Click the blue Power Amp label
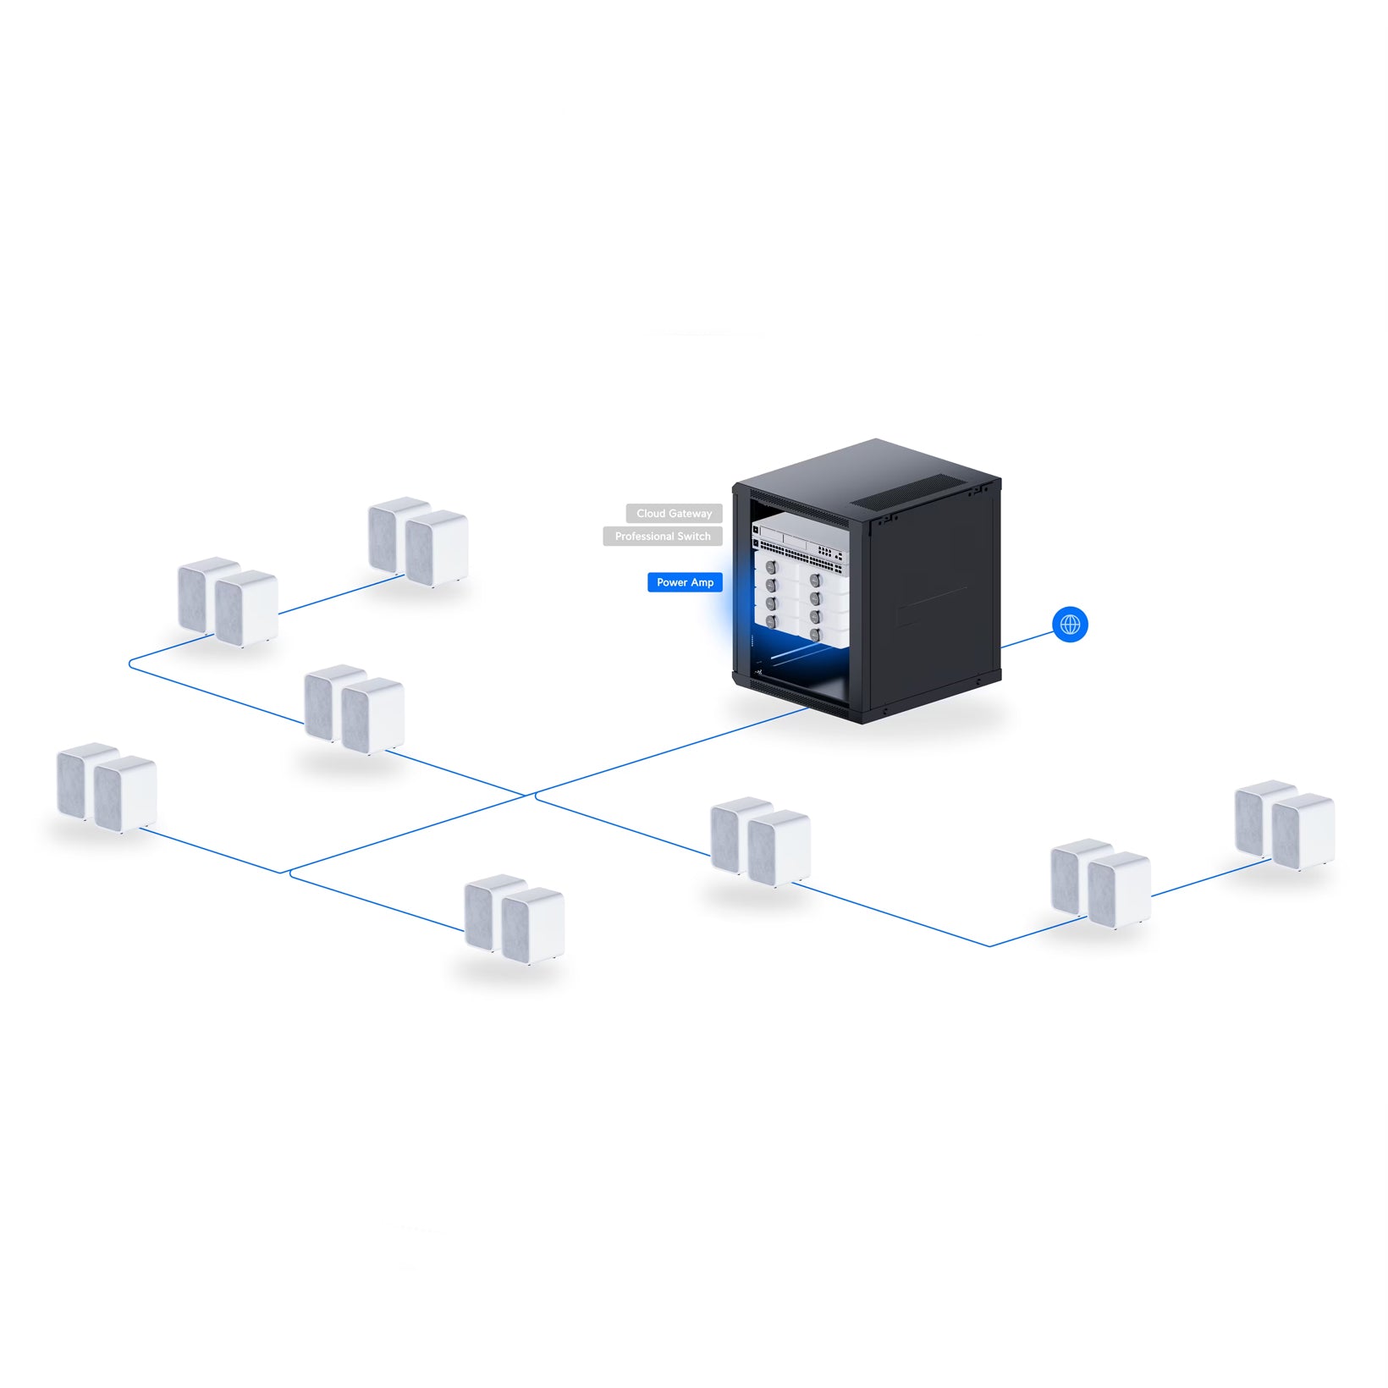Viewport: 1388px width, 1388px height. [685, 582]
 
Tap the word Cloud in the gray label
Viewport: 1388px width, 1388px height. [651, 514]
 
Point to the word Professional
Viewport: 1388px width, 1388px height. [645, 537]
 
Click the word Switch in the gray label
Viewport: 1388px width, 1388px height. [695, 537]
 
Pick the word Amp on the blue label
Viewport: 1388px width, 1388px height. [702, 582]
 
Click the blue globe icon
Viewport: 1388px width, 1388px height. [1070, 625]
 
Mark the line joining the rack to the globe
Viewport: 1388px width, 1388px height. [1026, 639]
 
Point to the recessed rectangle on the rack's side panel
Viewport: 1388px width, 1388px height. [932, 604]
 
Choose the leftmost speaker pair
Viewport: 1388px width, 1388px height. [107, 788]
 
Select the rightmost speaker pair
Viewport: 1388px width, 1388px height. [1285, 825]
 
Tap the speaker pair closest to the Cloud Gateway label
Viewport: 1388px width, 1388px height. [418, 542]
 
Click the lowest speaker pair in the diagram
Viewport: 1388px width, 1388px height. [515, 919]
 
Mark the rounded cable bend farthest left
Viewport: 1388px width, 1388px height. [131, 665]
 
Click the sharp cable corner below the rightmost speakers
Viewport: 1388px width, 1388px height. [989, 945]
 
